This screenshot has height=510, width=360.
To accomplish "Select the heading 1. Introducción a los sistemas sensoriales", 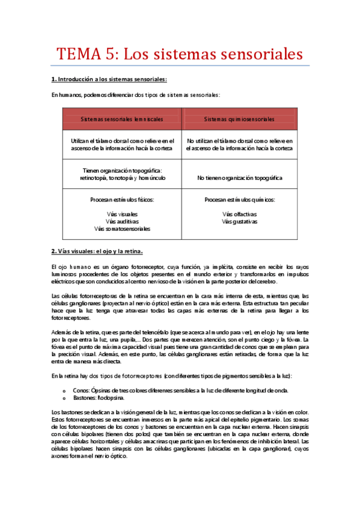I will tap(108, 79).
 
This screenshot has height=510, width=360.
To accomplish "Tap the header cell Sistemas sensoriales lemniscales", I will tap(122, 119).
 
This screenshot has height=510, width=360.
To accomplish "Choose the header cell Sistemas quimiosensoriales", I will tap(239, 119).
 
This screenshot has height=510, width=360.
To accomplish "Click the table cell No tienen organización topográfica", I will tap(239, 178).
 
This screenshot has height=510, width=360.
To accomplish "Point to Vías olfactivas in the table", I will tap(239, 214).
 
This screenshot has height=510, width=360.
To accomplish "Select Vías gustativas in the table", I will tap(239, 221).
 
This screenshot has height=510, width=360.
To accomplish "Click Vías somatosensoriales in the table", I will tap(122, 229).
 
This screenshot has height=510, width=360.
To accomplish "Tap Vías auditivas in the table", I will tap(122, 221).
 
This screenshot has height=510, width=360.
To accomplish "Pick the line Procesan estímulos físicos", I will tap(122, 199).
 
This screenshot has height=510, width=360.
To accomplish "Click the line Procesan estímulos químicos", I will tap(239, 199).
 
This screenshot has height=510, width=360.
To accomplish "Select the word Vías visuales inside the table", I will tap(122, 214).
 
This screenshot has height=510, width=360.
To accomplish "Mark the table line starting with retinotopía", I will tap(122, 178).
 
